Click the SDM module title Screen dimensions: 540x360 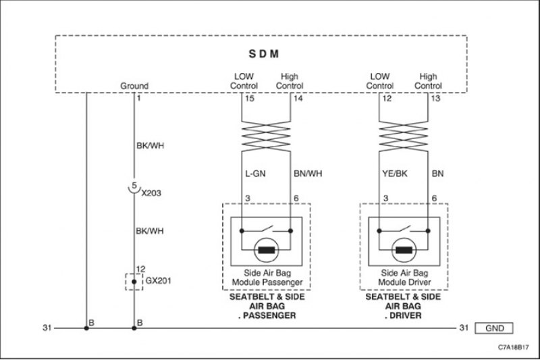(264, 54)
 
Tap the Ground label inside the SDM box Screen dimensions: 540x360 (134, 86)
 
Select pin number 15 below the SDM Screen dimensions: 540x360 (249, 99)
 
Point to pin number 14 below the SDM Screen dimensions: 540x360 (298, 99)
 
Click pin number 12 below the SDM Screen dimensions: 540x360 (387, 99)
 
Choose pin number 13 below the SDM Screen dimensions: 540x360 (435, 99)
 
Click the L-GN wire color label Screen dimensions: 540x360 (255, 174)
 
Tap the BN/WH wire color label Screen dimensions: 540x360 (308, 174)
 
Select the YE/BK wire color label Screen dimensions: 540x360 (395, 174)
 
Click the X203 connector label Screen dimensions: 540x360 (151, 193)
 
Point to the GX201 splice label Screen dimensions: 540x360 (158, 281)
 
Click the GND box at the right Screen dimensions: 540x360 (494, 328)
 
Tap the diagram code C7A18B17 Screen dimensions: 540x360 (513, 347)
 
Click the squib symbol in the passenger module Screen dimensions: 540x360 (266, 250)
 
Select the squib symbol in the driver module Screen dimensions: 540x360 (404, 250)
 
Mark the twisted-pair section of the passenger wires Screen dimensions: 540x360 (266, 136)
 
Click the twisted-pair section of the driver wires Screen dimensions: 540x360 (403, 136)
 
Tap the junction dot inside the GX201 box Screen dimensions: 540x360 (134, 282)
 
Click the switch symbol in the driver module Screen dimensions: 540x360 (403, 229)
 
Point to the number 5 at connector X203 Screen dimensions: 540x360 (134, 186)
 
